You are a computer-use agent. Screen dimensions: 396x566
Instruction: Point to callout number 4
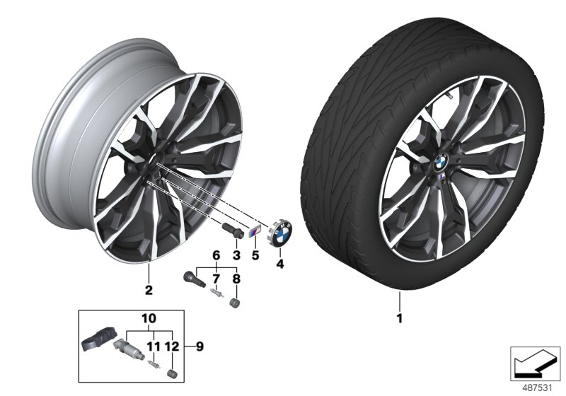tap(280, 264)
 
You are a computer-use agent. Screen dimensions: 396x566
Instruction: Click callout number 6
tap(216, 254)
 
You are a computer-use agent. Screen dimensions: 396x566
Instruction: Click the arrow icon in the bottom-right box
tap(535, 361)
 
